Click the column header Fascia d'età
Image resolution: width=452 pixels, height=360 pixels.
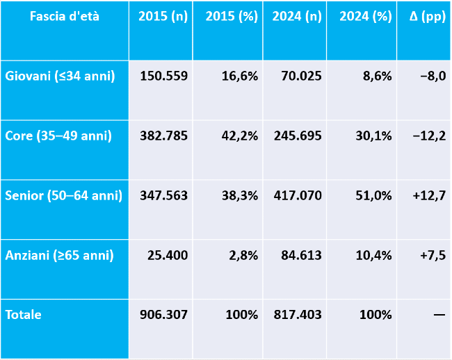click(x=65, y=16)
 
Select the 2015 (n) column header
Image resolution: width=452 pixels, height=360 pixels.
click(x=163, y=16)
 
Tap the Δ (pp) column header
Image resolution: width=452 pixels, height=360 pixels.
click(x=428, y=17)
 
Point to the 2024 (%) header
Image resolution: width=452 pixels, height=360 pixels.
click(x=366, y=17)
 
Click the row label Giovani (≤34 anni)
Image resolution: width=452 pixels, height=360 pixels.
click(x=60, y=76)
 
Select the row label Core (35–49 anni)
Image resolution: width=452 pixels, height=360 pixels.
click(x=58, y=136)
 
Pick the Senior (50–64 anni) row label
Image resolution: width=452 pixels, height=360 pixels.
click(x=64, y=195)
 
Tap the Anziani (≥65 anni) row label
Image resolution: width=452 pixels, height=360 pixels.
click(x=59, y=256)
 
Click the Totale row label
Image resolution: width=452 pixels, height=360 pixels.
click(x=24, y=315)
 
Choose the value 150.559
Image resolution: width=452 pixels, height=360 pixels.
click(x=163, y=76)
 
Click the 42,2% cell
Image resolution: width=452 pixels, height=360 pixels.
click(x=239, y=136)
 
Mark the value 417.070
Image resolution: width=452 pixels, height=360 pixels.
click(x=298, y=195)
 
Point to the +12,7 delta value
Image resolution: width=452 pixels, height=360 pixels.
click(x=429, y=196)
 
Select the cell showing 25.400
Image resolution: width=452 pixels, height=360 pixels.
click(x=168, y=256)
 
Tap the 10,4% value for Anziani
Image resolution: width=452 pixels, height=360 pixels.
click(x=373, y=256)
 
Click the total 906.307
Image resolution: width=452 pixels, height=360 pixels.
click(x=163, y=315)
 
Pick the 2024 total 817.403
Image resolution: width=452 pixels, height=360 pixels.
click(x=298, y=315)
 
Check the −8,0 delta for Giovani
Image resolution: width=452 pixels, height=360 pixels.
click(x=433, y=76)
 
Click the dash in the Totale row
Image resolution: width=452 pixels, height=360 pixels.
click(x=439, y=315)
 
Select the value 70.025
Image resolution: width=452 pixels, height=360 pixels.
click(x=301, y=76)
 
